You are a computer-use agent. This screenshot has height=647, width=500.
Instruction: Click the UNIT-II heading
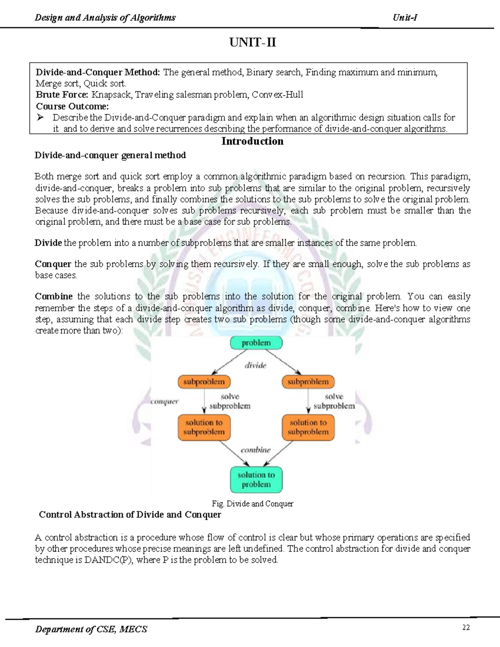click(252, 42)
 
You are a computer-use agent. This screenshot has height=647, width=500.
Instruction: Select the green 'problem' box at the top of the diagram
click(256, 343)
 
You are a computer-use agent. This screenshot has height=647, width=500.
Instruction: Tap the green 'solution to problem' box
click(256, 480)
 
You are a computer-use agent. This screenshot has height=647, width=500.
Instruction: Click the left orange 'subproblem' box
click(204, 382)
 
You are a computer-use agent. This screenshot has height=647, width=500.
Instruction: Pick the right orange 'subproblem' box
click(308, 382)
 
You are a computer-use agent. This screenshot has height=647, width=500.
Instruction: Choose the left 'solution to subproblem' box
click(204, 427)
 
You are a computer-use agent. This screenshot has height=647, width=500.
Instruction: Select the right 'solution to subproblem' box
click(308, 427)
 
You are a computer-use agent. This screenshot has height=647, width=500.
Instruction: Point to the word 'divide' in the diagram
click(255, 365)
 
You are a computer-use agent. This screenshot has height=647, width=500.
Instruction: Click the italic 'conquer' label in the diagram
click(165, 401)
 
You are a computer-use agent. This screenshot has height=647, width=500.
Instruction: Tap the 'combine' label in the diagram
click(255, 450)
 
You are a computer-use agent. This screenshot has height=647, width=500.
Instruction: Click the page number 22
click(466, 627)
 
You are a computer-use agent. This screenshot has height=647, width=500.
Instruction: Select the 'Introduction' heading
click(252, 141)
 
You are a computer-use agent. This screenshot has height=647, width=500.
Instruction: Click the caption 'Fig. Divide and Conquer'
click(252, 504)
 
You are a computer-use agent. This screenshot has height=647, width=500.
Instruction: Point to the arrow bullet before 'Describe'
click(40, 118)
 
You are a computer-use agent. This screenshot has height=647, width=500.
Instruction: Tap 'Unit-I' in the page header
click(405, 17)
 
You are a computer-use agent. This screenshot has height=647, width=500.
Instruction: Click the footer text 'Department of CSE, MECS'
click(91, 629)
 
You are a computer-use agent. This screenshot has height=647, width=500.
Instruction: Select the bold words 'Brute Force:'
click(62, 95)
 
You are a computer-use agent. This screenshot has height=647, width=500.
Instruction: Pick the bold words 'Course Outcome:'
click(72, 106)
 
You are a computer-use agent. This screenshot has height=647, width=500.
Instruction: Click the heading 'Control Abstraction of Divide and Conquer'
click(130, 515)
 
